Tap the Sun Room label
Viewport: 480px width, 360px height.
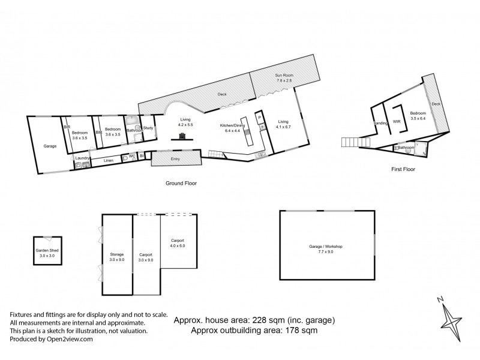283,75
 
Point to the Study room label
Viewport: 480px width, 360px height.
148,127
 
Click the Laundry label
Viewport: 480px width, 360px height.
83,158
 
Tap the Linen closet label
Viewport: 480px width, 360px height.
109,160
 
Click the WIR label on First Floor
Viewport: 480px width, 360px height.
397,121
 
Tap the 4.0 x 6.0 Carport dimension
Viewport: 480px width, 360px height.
178,246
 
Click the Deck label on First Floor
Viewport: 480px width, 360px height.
436,104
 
